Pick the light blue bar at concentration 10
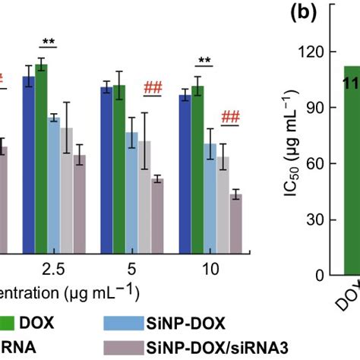click(210, 197)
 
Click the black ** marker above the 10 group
click(204, 62)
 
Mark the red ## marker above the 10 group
click(230, 117)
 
